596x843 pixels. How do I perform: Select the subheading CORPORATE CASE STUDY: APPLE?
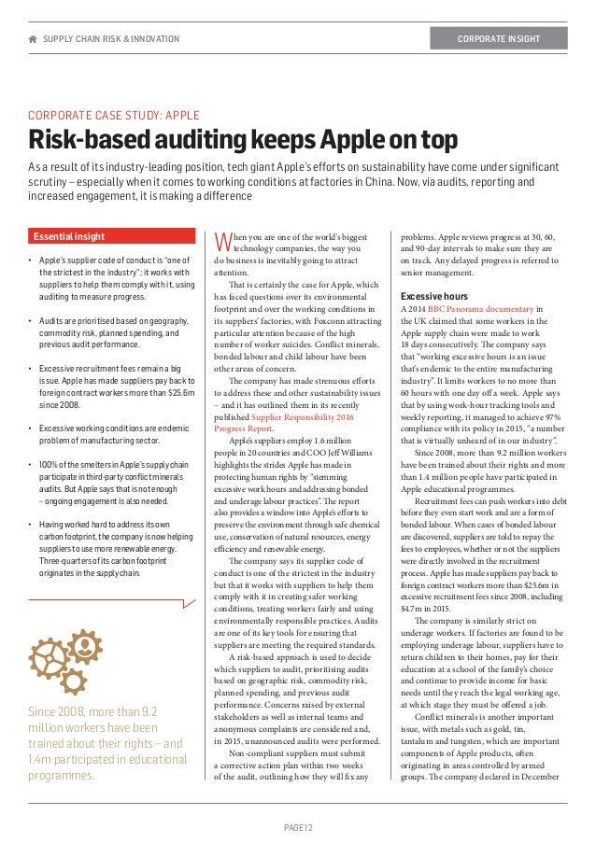[x=113, y=116]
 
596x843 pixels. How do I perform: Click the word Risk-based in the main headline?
[x=92, y=141]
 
